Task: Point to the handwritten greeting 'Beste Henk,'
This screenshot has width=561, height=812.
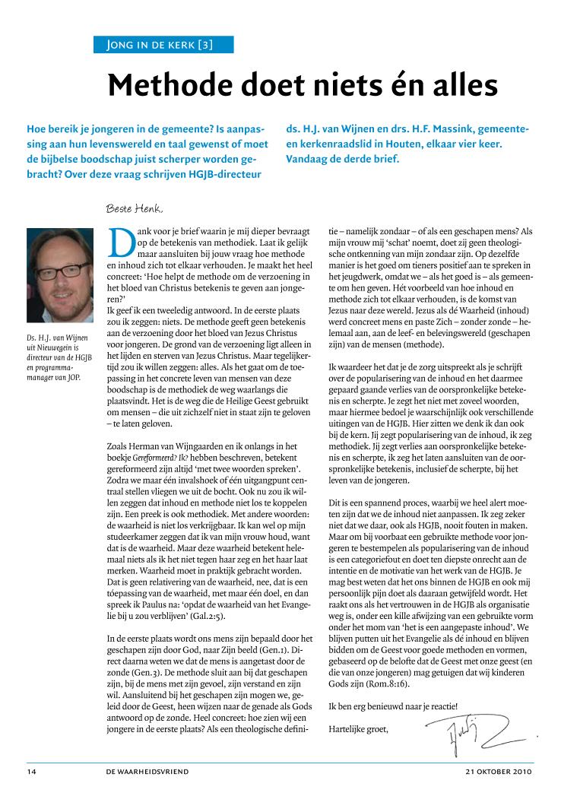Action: (135, 208)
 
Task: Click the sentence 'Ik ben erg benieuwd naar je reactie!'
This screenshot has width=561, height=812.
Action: (394, 706)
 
